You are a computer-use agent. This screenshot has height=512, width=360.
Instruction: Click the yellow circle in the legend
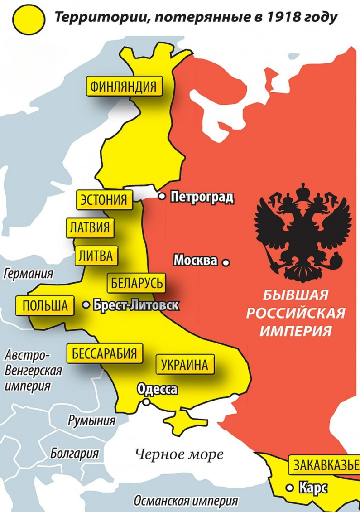[29, 19]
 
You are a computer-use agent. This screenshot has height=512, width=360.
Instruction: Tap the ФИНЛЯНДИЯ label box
[123, 86]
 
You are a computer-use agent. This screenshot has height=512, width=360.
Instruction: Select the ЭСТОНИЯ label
[104, 200]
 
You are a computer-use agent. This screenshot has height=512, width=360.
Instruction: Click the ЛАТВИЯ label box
[90, 228]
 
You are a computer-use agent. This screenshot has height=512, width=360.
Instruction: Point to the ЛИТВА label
[96, 256]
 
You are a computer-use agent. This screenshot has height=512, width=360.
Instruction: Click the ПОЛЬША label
[45, 306]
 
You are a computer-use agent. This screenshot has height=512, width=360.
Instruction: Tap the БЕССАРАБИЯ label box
[105, 353]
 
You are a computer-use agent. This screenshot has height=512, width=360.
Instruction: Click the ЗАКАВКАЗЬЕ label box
[324, 465]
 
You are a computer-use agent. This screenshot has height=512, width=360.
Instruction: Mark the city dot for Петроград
[162, 197]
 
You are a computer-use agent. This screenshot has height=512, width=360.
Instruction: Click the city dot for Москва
[226, 262]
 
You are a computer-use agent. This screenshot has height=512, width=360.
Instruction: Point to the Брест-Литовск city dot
[86, 305]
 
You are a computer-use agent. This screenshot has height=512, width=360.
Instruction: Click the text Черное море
[179, 454]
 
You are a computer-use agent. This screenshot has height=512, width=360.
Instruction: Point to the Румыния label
[91, 420]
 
